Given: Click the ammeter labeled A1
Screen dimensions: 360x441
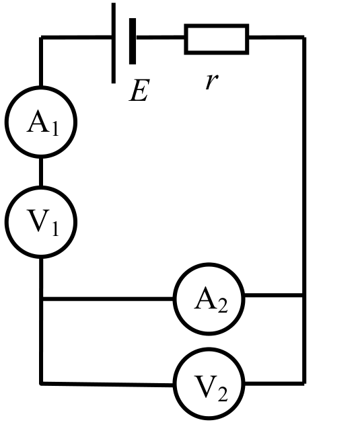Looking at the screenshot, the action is click(41, 122).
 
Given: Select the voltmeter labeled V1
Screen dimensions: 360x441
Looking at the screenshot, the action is click(41, 223).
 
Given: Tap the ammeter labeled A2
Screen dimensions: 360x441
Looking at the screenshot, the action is click(209, 299).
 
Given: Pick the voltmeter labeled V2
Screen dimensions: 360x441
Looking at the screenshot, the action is click(209, 384).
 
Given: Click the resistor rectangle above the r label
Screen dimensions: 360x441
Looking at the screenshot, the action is click(217, 39).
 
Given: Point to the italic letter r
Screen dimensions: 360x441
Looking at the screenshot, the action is click(212, 81).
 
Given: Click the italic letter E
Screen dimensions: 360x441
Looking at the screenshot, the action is click(139, 90).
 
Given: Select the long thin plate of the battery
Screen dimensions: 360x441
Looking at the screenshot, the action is click(114, 43).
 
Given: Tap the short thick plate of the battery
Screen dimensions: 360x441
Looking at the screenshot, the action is click(133, 42).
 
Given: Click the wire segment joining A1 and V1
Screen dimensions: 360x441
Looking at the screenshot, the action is click(41, 172).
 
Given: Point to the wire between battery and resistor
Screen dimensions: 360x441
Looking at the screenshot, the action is click(160, 38).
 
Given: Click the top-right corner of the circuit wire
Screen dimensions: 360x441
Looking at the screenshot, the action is click(304, 38).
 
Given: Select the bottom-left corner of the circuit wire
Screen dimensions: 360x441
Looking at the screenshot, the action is click(41, 383).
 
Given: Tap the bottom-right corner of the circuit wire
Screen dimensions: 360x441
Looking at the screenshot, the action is click(304, 383).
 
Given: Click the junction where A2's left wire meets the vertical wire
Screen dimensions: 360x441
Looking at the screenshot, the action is click(41, 298).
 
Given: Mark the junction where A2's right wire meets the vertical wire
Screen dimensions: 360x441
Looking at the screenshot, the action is click(304, 295).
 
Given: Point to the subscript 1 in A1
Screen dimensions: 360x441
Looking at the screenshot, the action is click(55, 128).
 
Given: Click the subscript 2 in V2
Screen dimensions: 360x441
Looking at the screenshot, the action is click(222, 394).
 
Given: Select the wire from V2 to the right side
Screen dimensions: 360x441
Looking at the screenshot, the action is click(275, 383).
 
